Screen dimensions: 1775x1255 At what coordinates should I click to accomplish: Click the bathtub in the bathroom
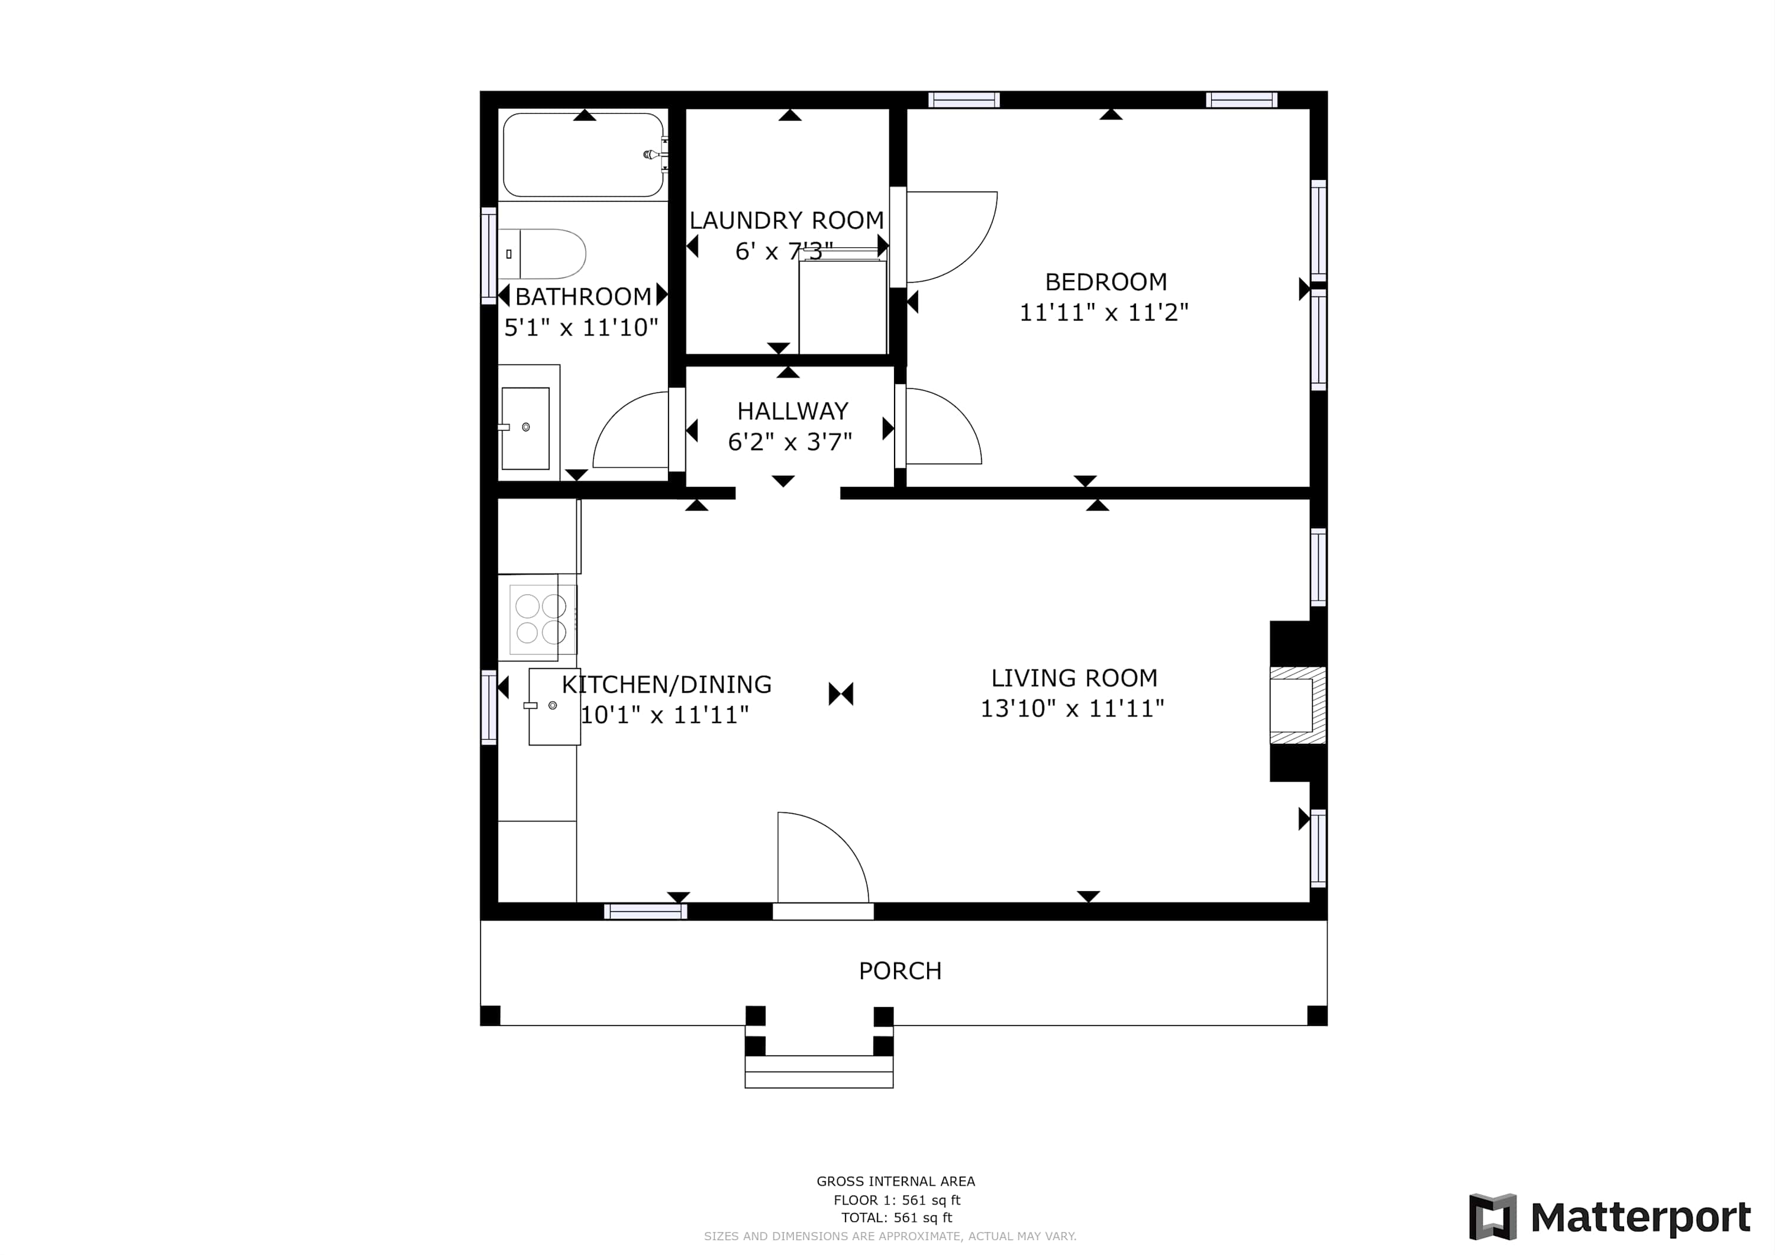(583, 154)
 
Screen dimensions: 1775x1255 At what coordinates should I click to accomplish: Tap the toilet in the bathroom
(542, 254)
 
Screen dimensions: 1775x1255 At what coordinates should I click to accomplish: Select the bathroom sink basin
(526, 428)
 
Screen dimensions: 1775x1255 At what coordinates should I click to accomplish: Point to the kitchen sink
(554, 706)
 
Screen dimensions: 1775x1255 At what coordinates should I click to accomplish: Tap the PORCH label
(900, 970)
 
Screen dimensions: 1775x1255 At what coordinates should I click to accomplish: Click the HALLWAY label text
(792, 411)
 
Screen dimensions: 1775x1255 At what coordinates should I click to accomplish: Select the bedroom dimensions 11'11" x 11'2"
(1103, 312)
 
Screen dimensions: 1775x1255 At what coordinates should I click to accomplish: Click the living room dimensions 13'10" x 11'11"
(1072, 708)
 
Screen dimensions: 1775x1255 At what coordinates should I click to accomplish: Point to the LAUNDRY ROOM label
(786, 220)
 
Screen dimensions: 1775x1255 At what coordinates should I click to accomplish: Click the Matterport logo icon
(1493, 1217)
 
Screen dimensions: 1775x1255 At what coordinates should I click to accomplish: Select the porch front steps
(819, 1071)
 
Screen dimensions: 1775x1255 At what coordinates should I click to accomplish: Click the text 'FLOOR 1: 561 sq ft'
(897, 1200)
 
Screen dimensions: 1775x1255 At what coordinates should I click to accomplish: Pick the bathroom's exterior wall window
(489, 255)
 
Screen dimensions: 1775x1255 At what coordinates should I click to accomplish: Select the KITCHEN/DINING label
(666, 685)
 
